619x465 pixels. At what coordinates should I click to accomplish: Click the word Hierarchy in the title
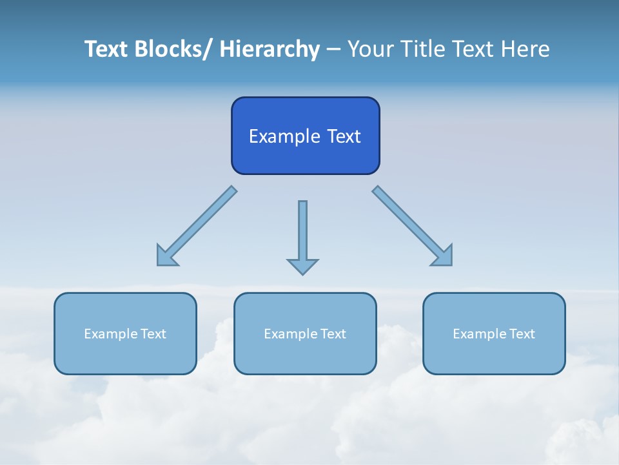tap(270, 49)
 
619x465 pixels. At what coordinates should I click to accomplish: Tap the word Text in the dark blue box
tap(344, 136)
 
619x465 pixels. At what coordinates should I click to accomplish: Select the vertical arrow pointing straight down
tap(302, 232)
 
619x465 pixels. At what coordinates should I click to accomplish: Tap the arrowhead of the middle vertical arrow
tap(302, 266)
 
